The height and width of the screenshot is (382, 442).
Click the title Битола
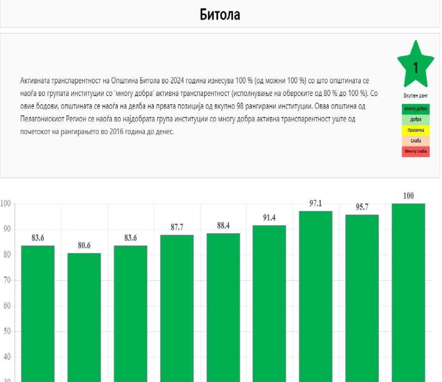click(220, 15)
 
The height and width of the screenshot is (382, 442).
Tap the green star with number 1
click(415, 66)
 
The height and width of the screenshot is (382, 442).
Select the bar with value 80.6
click(84, 318)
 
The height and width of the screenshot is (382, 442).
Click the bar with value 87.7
click(177, 309)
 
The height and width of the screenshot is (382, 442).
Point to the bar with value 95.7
click(362, 298)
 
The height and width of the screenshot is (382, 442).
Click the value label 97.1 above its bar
click(316, 203)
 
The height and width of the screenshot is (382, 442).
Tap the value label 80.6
click(84, 245)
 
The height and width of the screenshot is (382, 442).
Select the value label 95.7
click(362, 207)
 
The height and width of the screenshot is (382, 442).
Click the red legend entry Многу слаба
click(416, 151)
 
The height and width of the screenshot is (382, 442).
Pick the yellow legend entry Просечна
click(416, 130)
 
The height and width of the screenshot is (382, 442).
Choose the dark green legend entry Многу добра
click(416, 109)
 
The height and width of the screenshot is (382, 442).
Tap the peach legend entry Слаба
click(416, 141)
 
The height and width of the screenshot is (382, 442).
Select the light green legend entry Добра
click(416, 120)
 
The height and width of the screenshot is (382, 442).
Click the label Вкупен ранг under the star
click(415, 95)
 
